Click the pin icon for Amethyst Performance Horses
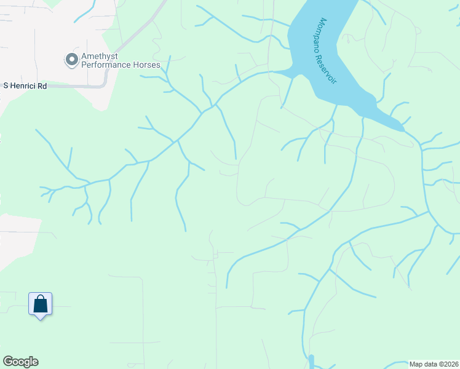pos(71,60)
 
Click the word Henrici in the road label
pos(23,86)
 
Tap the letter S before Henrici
pos(6,86)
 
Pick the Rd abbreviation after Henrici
pos(42,86)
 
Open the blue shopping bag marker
pos(41,304)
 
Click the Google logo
pos(20,362)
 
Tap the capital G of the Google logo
pos(7,362)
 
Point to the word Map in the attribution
pos(416,363)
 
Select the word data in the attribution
pos(430,363)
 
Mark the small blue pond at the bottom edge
pos(311,362)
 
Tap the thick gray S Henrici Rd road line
pos(80,86)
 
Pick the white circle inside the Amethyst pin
pos(71,59)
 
